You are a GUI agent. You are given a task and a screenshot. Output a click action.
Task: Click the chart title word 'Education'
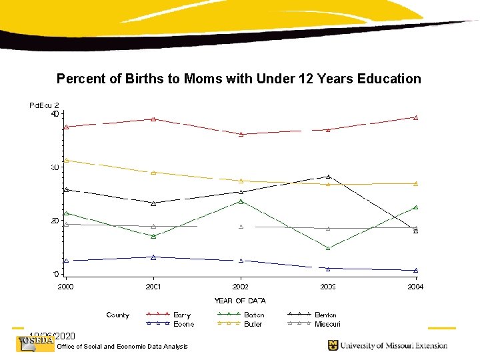click(x=389, y=79)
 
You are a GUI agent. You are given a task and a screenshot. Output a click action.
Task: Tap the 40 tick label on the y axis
click(x=55, y=113)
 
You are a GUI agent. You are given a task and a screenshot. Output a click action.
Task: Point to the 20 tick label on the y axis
click(x=55, y=221)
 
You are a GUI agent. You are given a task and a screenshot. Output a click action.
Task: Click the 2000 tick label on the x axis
click(x=65, y=287)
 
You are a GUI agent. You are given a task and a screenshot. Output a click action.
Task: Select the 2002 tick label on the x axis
click(x=241, y=287)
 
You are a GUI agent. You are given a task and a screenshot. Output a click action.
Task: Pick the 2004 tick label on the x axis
click(x=415, y=287)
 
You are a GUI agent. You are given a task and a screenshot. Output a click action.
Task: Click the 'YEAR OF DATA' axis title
click(x=240, y=301)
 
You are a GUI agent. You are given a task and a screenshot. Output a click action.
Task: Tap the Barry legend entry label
click(x=182, y=315)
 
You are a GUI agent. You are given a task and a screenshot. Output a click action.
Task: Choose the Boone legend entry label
click(x=183, y=324)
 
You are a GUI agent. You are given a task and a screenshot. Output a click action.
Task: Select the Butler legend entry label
click(x=253, y=324)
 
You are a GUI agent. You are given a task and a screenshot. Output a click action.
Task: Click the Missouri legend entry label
click(x=327, y=324)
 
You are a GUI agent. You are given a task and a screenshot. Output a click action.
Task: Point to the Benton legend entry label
click(x=326, y=315)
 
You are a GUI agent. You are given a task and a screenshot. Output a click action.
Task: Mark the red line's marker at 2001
click(x=153, y=119)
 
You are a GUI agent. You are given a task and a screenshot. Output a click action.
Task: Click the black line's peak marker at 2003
click(x=328, y=177)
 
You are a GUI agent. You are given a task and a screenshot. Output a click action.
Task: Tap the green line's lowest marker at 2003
click(x=328, y=248)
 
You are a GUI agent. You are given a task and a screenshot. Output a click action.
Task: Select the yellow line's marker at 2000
click(x=66, y=160)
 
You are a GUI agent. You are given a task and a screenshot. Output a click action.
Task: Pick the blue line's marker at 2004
click(x=415, y=271)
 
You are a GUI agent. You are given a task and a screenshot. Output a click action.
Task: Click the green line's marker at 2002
click(x=241, y=201)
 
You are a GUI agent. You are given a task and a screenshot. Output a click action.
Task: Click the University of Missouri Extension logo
click(x=387, y=345)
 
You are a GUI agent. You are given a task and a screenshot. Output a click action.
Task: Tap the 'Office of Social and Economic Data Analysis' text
click(x=123, y=346)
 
